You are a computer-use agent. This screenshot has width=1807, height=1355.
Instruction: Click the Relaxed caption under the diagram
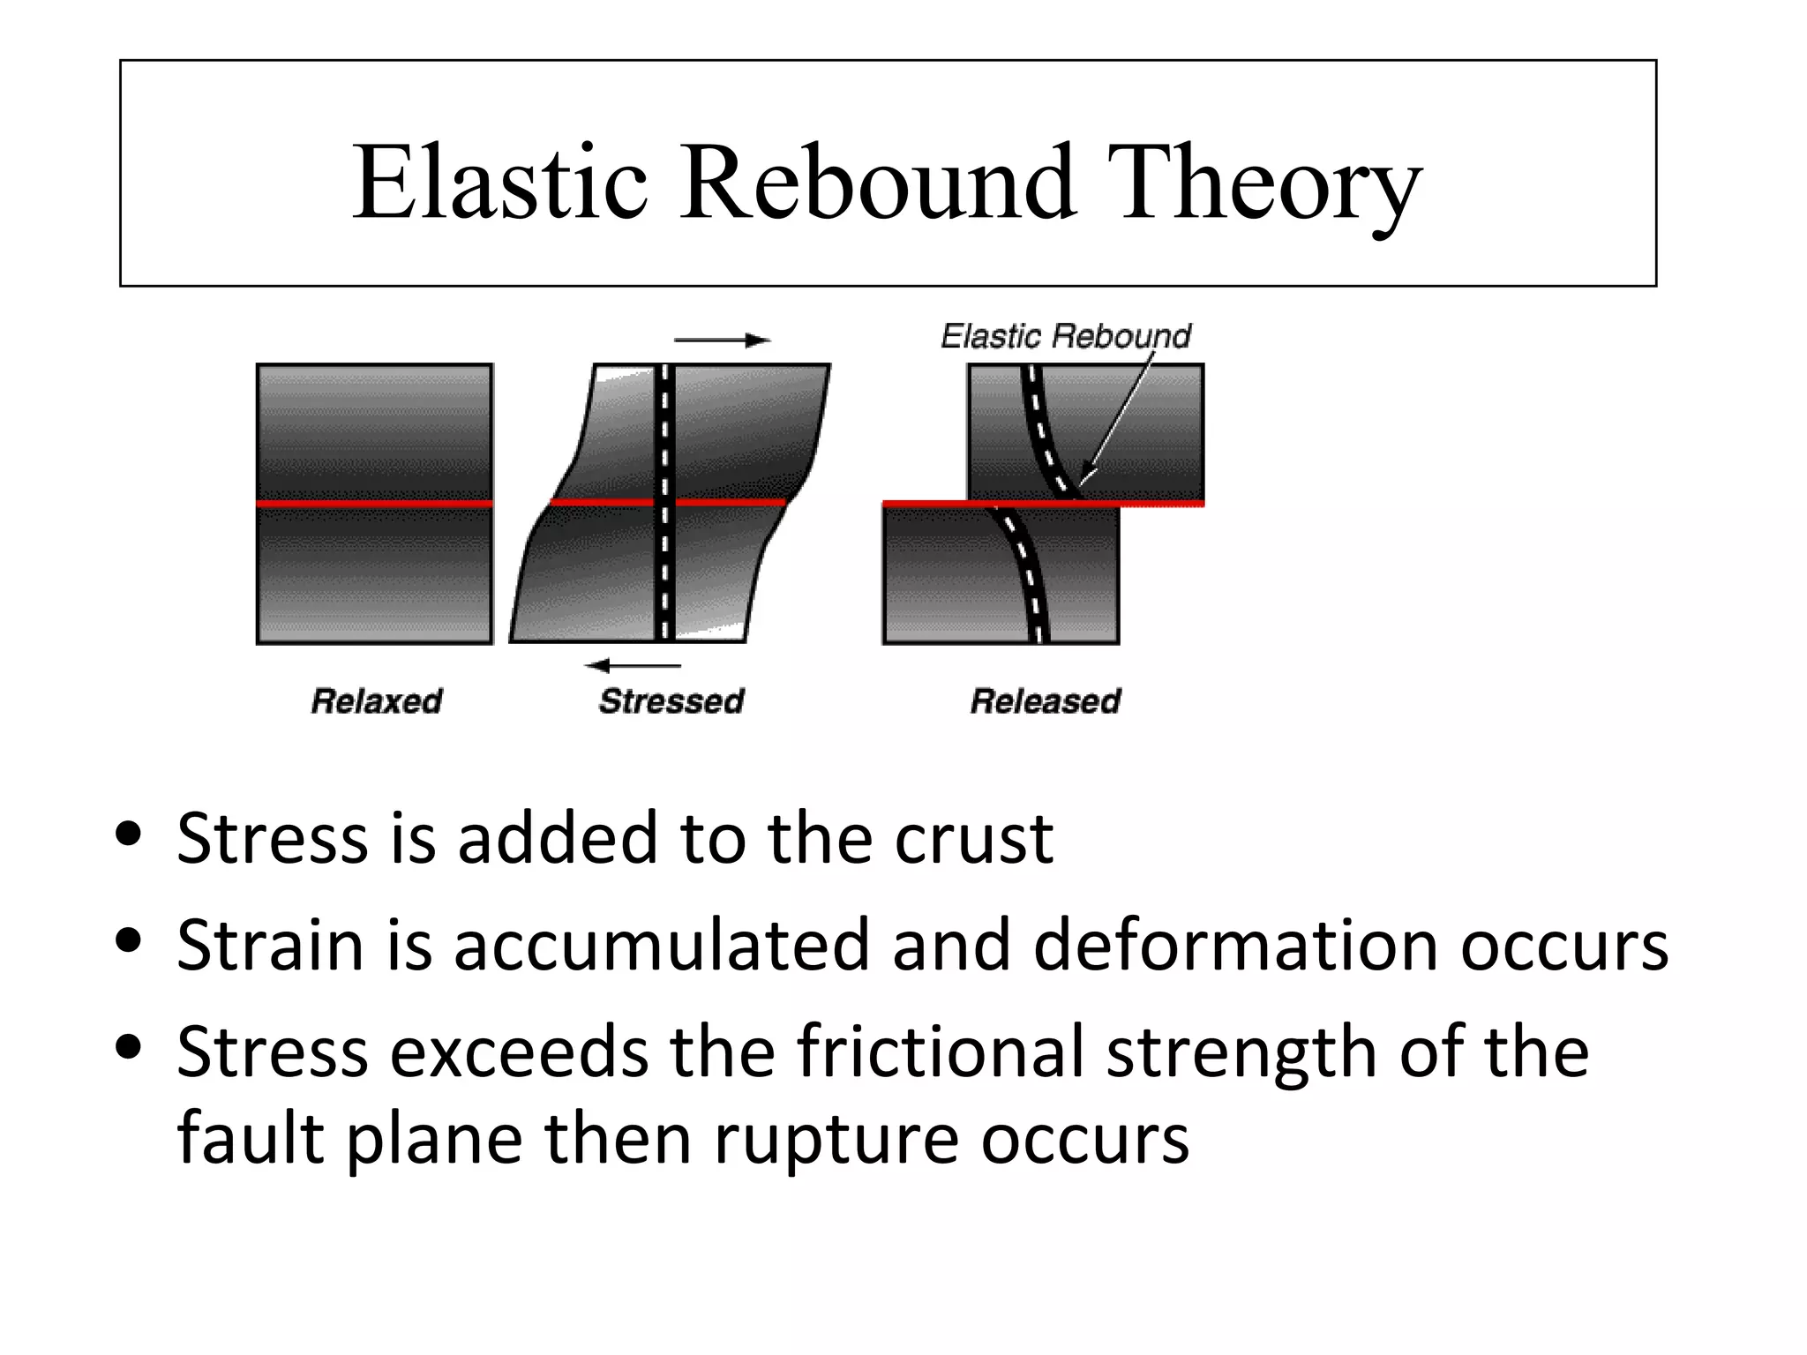(377, 701)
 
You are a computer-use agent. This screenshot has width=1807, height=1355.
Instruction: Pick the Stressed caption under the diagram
(671, 701)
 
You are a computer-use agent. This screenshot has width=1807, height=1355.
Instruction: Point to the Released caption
(1046, 701)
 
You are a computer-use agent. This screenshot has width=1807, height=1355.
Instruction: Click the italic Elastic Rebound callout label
(1066, 336)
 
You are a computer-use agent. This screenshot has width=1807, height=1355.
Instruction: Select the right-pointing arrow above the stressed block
(722, 341)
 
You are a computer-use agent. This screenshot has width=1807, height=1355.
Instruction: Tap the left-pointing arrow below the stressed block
(633, 665)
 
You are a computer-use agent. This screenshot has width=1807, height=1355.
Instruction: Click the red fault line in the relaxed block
(374, 504)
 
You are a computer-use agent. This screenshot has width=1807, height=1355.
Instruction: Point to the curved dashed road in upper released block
(1041, 432)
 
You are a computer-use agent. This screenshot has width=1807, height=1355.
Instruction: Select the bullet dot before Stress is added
(129, 834)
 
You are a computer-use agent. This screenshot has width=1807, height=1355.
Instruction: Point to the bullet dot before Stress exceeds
(129, 1047)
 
